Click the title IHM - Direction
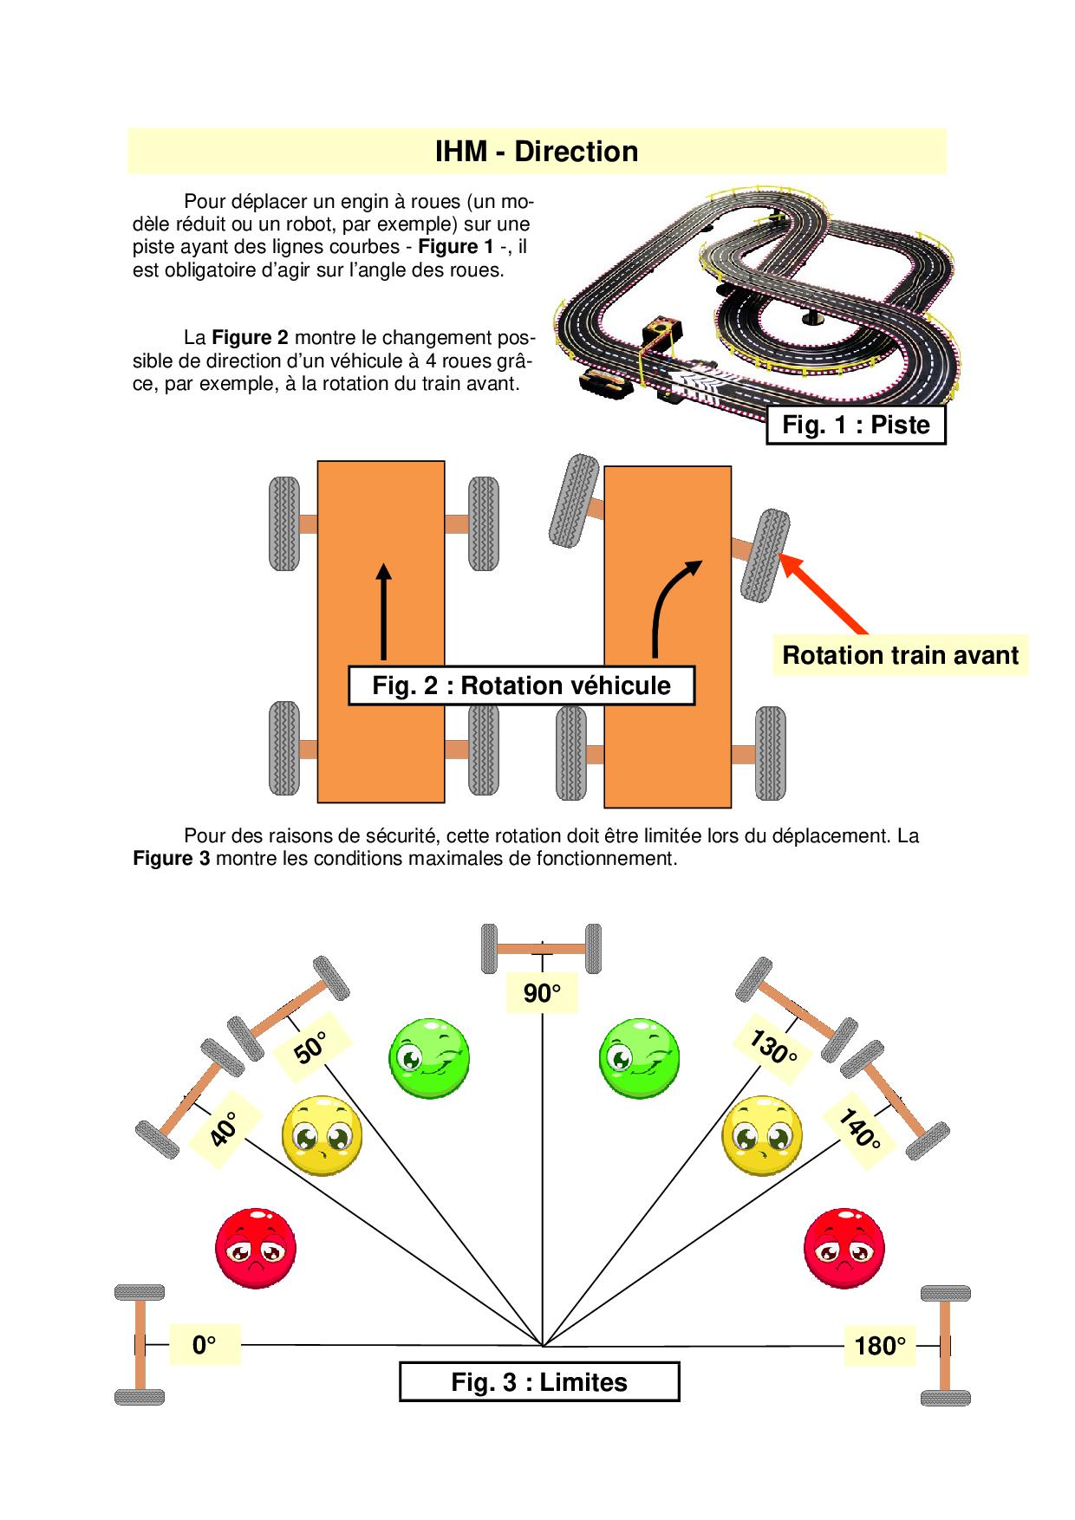tap(537, 152)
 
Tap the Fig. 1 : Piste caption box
tap(856, 425)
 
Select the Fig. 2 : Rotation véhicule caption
tap(521, 685)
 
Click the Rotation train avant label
tap(900, 654)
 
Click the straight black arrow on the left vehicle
tap(382, 610)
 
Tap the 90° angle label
tap(542, 993)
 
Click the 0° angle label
tap(204, 1345)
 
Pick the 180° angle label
tap(879, 1346)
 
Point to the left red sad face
tap(256, 1247)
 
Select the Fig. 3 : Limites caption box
tap(539, 1381)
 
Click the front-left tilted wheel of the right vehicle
tap(572, 500)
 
